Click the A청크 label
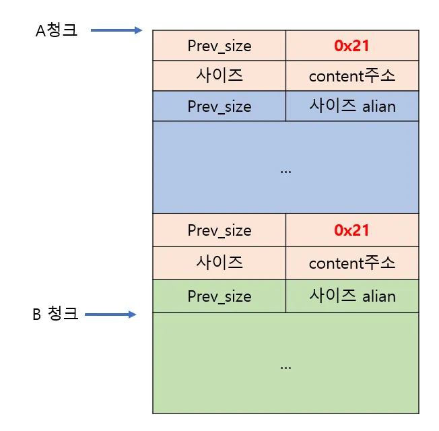(x=57, y=31)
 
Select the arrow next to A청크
(x=116, y=30)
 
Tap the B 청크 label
(x=55, y=314)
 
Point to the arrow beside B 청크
(x=111, y=314)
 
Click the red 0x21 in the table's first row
(x=351, y=46)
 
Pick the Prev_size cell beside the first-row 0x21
(x=219, y=46)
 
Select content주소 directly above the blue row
(x=352, y=76)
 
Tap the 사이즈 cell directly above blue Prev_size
(x=219, y=75)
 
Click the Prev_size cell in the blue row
(x=219, y=106)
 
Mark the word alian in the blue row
(x=379, y=106)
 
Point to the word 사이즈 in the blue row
(x=333, y=106)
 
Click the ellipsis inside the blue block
(x=285, y=170)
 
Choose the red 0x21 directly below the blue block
(x=351, y=230)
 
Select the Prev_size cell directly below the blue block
(x=219, y=230)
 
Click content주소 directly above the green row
(x=352, y=263)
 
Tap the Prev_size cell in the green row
(x=219, y=296)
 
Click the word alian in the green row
(x=379, y=296)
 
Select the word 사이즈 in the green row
(x=333, y=296)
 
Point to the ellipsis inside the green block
(x=285, y=367)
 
